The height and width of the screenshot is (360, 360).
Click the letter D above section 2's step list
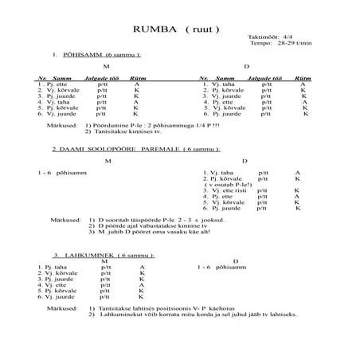244,161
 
